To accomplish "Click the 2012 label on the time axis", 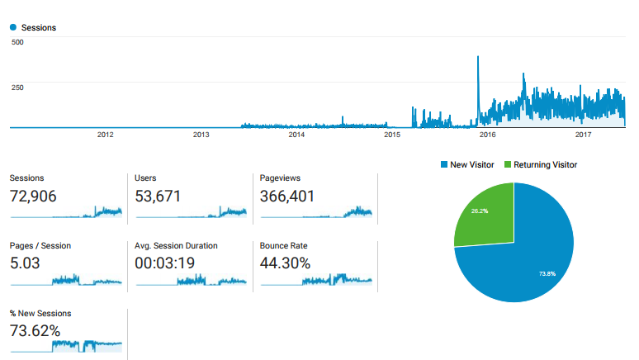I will coord(105,135).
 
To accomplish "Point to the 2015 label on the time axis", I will coord(392,135).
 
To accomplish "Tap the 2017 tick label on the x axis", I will coord(583,135).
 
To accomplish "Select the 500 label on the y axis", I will coord(17,42).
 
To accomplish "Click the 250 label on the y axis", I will coord(17,87).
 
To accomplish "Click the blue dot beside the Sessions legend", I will coord(13,27).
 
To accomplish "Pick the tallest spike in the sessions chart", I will coord(479,58).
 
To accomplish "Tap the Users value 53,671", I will coord(158,196).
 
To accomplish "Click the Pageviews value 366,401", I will coord(287,196).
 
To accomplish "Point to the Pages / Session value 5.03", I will coord(26,263).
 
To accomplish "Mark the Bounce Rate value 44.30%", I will coord(286,263).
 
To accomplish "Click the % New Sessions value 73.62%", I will coord(35,331).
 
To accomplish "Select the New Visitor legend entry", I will coord(467,165).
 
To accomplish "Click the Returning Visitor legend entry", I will coord(540,165).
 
